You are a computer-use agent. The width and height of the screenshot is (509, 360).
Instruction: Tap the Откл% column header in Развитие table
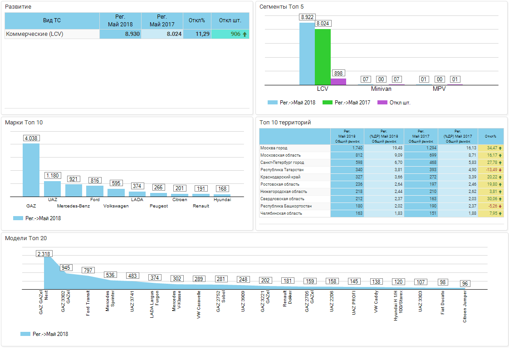click(197, 20)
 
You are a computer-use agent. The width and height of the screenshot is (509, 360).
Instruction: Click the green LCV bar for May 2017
click(323, 57)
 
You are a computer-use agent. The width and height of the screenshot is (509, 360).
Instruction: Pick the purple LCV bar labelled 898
click(338, 82)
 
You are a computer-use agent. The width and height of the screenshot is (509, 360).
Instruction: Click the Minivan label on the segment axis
click(381, 89)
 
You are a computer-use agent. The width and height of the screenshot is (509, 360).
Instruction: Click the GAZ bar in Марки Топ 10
click(31, 170)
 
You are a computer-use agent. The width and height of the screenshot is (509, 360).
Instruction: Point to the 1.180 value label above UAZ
click(53, 175)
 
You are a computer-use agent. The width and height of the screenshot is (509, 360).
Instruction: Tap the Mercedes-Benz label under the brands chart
click(73, 206)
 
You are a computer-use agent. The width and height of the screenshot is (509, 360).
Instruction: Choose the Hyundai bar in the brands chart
click(222, 195)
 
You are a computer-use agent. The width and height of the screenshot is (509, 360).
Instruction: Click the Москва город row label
click(274, 148)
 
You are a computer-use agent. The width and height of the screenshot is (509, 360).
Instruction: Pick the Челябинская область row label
click(281, 213)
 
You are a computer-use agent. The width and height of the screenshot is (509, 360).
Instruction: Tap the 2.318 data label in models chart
click(44, 254)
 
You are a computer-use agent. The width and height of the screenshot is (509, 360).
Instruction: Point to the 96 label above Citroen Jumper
click(465, 284)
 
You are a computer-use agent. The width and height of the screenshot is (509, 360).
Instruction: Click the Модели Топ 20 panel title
click(26, 238)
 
